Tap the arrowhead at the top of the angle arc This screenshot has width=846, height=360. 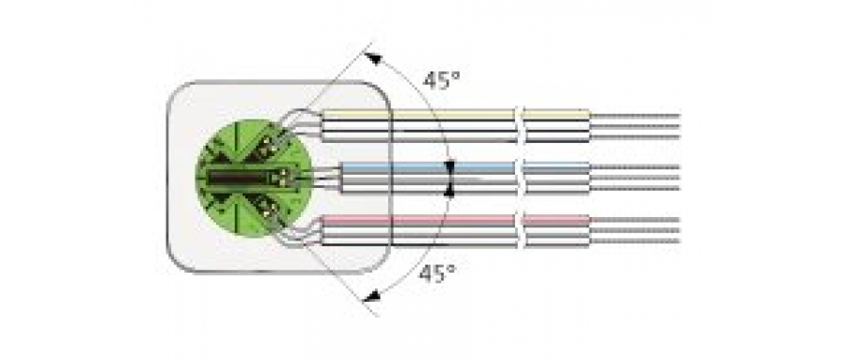[373, 58]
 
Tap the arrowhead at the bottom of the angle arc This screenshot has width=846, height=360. [372, 297]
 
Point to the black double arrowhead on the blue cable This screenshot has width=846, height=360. [450, 178]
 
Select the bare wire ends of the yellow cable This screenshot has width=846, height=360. [634, 126]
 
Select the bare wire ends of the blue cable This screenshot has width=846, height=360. [634, 178]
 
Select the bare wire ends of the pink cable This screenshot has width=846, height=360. [634, 231]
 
